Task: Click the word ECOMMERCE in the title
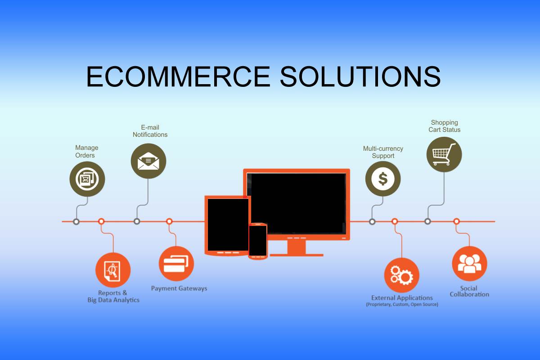[x=178, y=76]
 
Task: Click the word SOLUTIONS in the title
[x=360, y=76]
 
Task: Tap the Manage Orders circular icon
[x=87, y=179]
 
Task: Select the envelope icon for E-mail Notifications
[x=148, y=161]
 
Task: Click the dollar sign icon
[x=383, y=179]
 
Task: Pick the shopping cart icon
[x=444, y=154]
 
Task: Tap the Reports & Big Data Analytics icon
[x=113, y=270]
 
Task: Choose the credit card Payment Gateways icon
[x=176, y=264]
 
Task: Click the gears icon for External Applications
[x=401, y=275]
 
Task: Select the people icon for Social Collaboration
[x=469, y=264]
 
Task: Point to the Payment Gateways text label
[x=179, y=288]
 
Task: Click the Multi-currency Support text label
[x=383, y=152]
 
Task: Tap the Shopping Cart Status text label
[x=444, y=126]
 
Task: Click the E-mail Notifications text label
[x=150, y=131]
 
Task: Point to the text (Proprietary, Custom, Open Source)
[x=402, y=304]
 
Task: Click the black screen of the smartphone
[x=258, y=240]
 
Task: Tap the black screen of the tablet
[x=228, y=225]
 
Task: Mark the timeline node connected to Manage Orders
[x=76, y=221]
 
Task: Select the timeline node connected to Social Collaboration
[x=456, y=221]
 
